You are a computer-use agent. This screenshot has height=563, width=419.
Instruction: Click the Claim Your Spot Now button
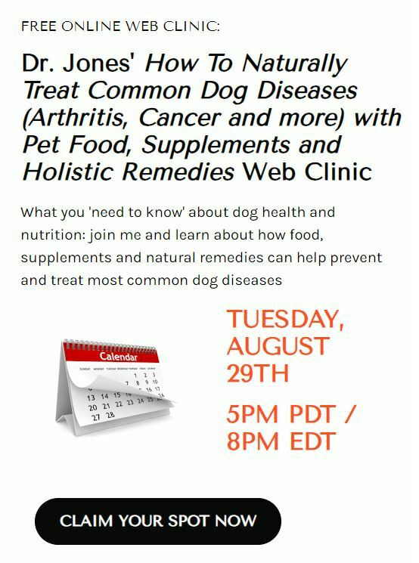pyautogui.click(x=158, y=521)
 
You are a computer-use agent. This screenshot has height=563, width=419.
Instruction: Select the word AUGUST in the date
pyautogui.click(x=278, y=346)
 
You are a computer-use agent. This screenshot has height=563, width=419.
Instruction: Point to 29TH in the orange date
pyautogui.click(x=258, y=373)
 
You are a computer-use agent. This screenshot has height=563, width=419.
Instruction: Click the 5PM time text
pyautogui.click(x=253, y=414)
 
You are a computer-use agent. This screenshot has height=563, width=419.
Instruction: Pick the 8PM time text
pyautogui.click(x=253, y=441)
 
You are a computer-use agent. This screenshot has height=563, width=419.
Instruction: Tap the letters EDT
pyautogui.click(x=312, y=441)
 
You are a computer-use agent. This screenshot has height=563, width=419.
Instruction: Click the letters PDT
pyautogui.click(x=312, y=414)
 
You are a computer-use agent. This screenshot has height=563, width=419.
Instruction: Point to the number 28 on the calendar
pyautogui.click(x=110, y=415)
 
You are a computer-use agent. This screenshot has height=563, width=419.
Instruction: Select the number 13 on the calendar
pyautogui.click(x=92, y=398)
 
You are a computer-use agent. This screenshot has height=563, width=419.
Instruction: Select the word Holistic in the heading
pyautogui.click(x=68, y=172)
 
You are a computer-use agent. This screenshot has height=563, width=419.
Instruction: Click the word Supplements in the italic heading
pyautogui.click(x=216, y=145)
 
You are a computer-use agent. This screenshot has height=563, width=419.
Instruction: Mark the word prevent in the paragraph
pyautogui.click(x=355, y=258)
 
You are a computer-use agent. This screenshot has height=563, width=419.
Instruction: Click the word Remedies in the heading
pyautogui.click(x=178, y=172)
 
